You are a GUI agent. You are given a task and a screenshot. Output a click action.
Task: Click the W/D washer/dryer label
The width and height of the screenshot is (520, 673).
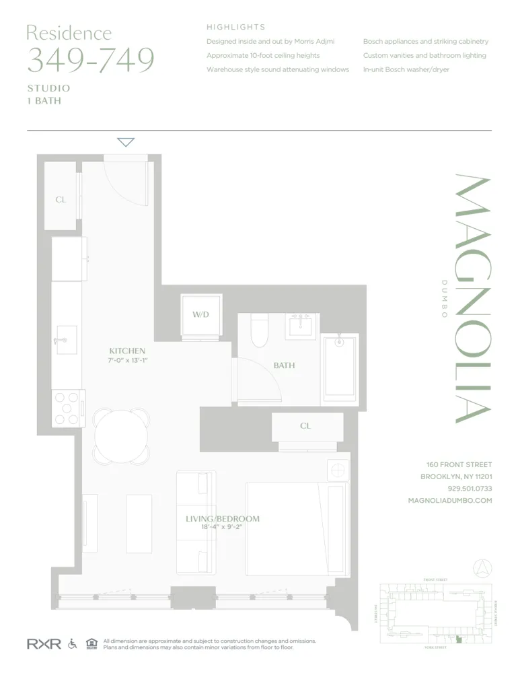pos(201,314)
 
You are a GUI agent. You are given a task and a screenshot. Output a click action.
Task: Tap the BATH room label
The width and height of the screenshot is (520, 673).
pos(284,365)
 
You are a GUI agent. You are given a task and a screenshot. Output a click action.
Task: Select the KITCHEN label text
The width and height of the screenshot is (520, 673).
pos(127,351)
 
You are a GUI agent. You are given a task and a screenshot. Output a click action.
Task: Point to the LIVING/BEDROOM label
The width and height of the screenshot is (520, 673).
pos(222,519)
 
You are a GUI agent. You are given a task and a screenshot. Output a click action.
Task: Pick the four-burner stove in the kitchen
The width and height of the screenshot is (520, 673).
pos(67,409)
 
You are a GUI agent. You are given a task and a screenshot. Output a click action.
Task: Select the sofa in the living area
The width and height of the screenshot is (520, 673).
pos(195,522)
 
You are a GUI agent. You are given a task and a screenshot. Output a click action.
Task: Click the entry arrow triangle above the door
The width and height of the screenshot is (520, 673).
pos(126,142)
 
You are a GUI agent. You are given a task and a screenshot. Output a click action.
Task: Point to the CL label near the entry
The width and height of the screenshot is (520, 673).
pos(61,200)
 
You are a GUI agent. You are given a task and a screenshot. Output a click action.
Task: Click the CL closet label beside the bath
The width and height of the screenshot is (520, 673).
pos(305,426)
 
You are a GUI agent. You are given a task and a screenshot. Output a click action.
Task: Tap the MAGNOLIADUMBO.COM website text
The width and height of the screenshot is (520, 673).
pos(450,501)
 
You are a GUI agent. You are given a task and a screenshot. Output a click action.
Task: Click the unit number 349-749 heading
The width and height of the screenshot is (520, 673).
pos(90,60)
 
